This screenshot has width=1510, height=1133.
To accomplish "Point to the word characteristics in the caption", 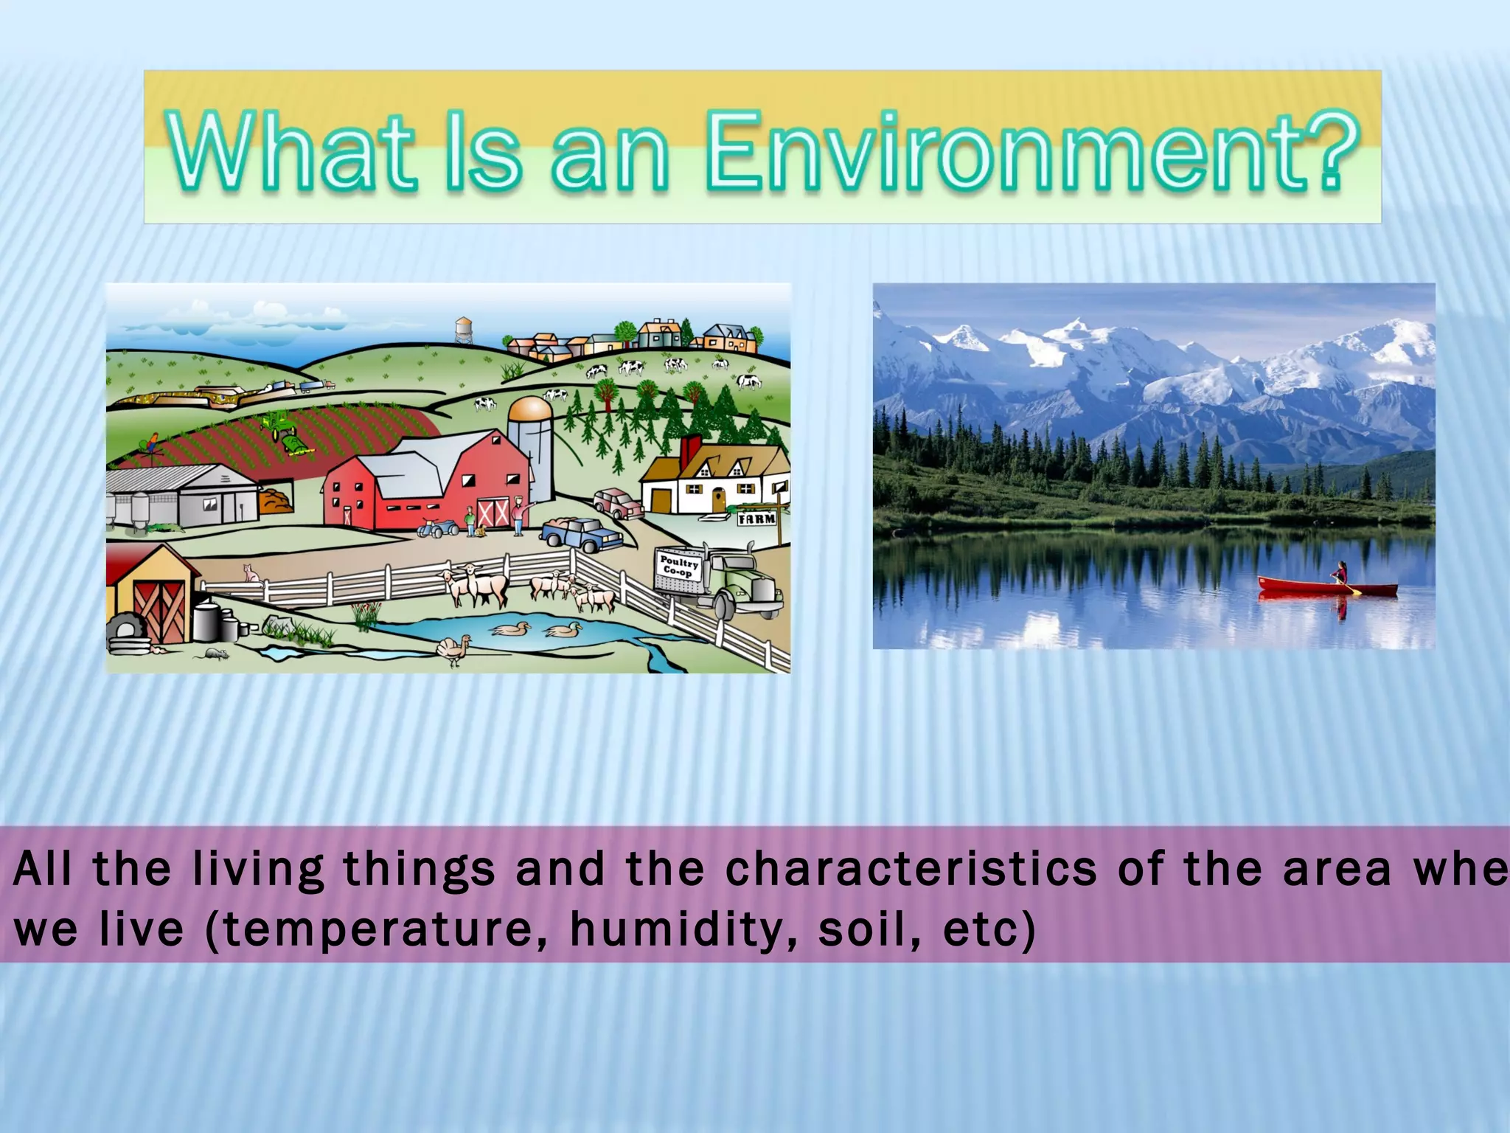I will point(911,869).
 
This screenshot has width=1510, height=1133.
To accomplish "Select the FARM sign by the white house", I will point(757,519).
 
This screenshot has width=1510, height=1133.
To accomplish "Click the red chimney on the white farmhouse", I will point(691,449).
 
